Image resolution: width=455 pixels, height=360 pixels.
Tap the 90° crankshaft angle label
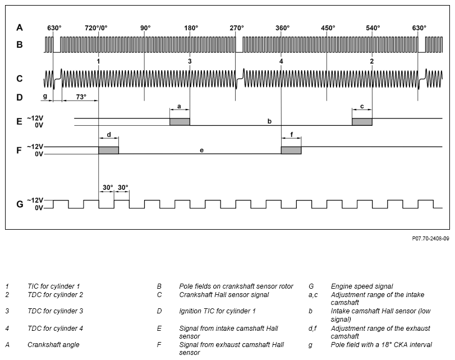[145, 28]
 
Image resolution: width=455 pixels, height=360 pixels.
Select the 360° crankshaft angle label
[282, 28]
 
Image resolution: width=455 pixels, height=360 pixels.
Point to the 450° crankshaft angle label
[328, 28]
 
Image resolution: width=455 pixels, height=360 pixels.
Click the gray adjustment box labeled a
[180, 122]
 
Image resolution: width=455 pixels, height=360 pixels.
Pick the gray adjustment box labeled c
[362, 122]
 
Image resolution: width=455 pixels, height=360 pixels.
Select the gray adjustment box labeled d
[108, 150]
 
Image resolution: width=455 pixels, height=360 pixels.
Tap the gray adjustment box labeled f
[291, 150]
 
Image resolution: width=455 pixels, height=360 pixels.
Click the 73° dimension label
[81, 97]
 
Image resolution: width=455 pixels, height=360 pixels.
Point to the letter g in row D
[45, 96]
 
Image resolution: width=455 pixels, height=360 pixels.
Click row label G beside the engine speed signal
[20, 204]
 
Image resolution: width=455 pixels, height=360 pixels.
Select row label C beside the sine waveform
[20, 79]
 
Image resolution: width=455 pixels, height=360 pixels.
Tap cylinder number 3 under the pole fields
[190, 61]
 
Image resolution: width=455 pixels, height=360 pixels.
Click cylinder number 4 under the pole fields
[281, 61]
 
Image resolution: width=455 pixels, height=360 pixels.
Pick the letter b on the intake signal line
[269, 121]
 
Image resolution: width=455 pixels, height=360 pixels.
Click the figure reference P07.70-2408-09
[430, 238]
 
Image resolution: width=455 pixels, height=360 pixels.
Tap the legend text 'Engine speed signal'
[361, 286]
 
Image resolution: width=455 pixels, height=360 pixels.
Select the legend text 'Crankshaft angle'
[53, 345]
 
